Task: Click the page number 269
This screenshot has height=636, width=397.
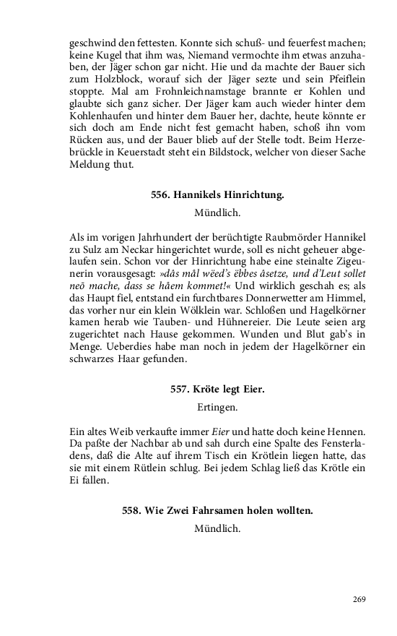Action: (360, 599)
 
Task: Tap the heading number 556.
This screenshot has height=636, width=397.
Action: (161, 195)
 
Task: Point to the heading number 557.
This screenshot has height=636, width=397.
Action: (180, 390)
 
